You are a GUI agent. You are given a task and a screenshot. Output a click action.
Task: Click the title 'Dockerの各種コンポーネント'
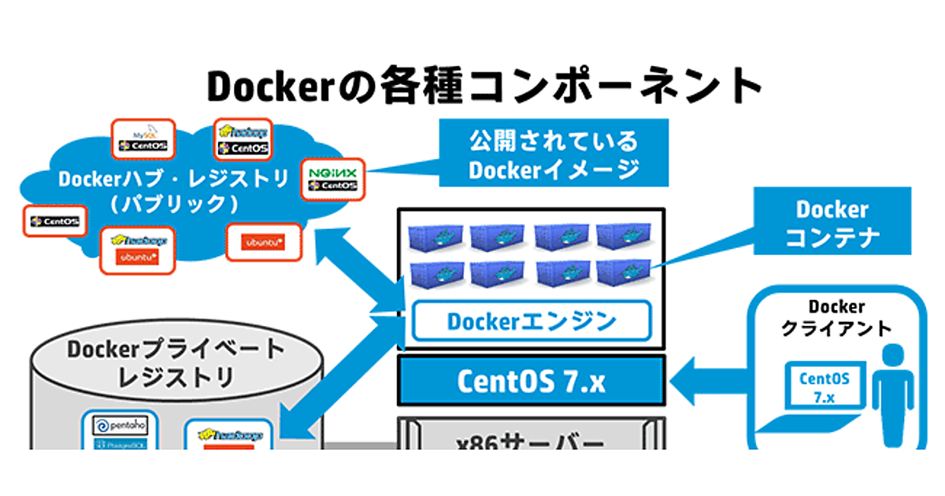pos(484,85)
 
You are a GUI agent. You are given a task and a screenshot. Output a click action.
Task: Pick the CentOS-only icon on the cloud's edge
pos(54,222)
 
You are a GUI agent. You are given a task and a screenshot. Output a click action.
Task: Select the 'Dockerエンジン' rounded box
pos(532,321)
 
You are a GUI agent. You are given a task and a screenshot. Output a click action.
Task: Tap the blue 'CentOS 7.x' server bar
pos(532,382)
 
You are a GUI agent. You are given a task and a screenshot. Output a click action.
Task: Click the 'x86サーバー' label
pos(532,441)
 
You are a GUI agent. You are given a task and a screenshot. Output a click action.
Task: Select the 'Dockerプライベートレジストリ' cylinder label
pos(175,362)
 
